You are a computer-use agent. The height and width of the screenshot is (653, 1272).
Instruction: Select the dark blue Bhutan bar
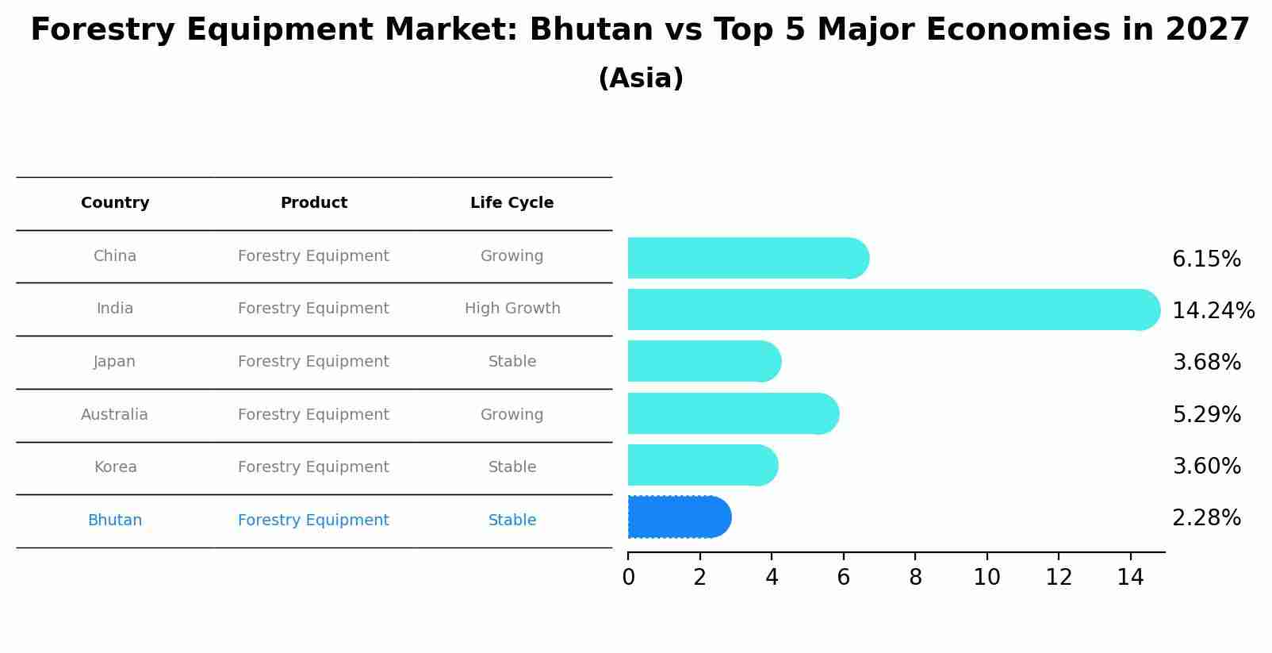[x=678, y=517]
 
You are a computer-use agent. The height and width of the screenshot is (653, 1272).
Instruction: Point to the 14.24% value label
[x=1213, y=310]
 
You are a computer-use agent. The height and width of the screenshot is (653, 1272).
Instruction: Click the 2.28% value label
[x=1206, y=518]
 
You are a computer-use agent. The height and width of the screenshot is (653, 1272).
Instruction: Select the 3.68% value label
[x=1206, y=363]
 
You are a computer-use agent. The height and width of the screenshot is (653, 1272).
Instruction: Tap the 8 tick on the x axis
[x=915, y=577]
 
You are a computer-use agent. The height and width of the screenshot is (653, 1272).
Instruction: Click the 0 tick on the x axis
[x=628, y=577]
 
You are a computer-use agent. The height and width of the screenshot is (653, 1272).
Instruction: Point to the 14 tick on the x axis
[x=1130, y=577]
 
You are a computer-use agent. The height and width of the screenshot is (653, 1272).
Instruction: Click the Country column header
[x=115, y=203]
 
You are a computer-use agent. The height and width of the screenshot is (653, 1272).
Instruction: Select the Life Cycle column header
[x=511, y=203]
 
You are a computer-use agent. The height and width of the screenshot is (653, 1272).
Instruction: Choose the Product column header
[x=313, y=203]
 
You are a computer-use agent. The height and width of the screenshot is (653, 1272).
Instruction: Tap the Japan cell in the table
[x=115, y=362]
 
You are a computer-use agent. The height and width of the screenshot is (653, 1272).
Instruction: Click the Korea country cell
[x=115, y=467]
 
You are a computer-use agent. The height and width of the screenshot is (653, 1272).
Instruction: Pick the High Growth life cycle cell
[x=511, y=309]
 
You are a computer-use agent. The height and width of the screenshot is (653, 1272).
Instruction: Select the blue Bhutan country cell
[x=115, y=520]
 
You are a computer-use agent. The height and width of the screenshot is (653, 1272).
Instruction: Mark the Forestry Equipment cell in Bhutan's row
[x=313, y=520]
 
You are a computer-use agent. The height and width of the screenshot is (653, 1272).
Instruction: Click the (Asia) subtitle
[x=640, y=79]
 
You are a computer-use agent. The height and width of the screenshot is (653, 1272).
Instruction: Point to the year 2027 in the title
[x=1207, y=30]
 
